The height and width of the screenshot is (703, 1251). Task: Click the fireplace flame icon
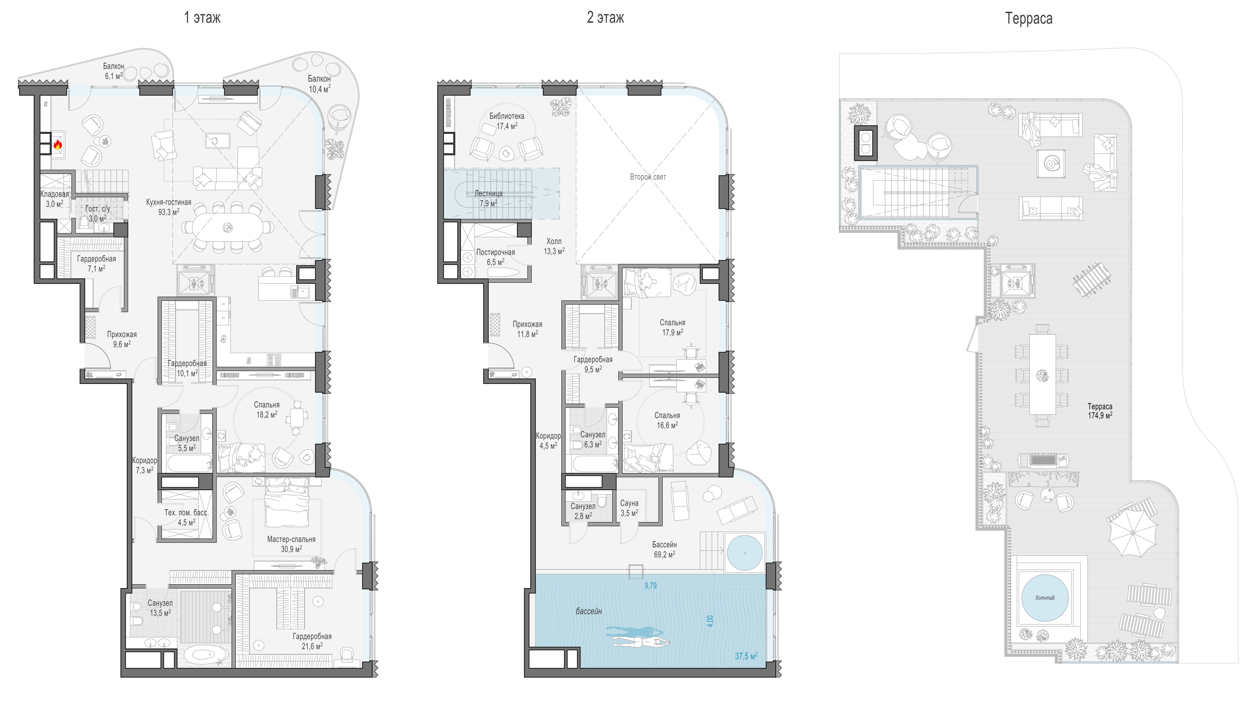[x=58, y=144]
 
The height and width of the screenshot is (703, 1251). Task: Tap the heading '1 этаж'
[x=202, y=18]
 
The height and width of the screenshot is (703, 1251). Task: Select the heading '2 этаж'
[x=605, y=18]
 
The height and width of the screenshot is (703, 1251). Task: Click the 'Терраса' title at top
[x=1029, y=18]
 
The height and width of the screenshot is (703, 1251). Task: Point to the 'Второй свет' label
[x=648, y=177]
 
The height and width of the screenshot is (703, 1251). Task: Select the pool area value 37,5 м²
[x=746, y=656]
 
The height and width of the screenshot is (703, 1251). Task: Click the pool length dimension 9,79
[x=650, y=585]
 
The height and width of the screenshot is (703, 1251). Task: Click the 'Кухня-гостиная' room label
[x=169, y=202]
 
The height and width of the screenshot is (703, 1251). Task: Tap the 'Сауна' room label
[x=629, y=503]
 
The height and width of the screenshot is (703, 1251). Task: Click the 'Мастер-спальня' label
[x=291, y=539]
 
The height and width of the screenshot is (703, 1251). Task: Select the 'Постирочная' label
[x=495, y=252]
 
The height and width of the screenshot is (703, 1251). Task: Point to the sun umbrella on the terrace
[x=1132, y=532]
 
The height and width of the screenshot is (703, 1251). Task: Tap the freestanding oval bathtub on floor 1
[x=203, y=655]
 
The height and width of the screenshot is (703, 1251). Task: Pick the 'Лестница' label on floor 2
[x=488, y=193]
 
